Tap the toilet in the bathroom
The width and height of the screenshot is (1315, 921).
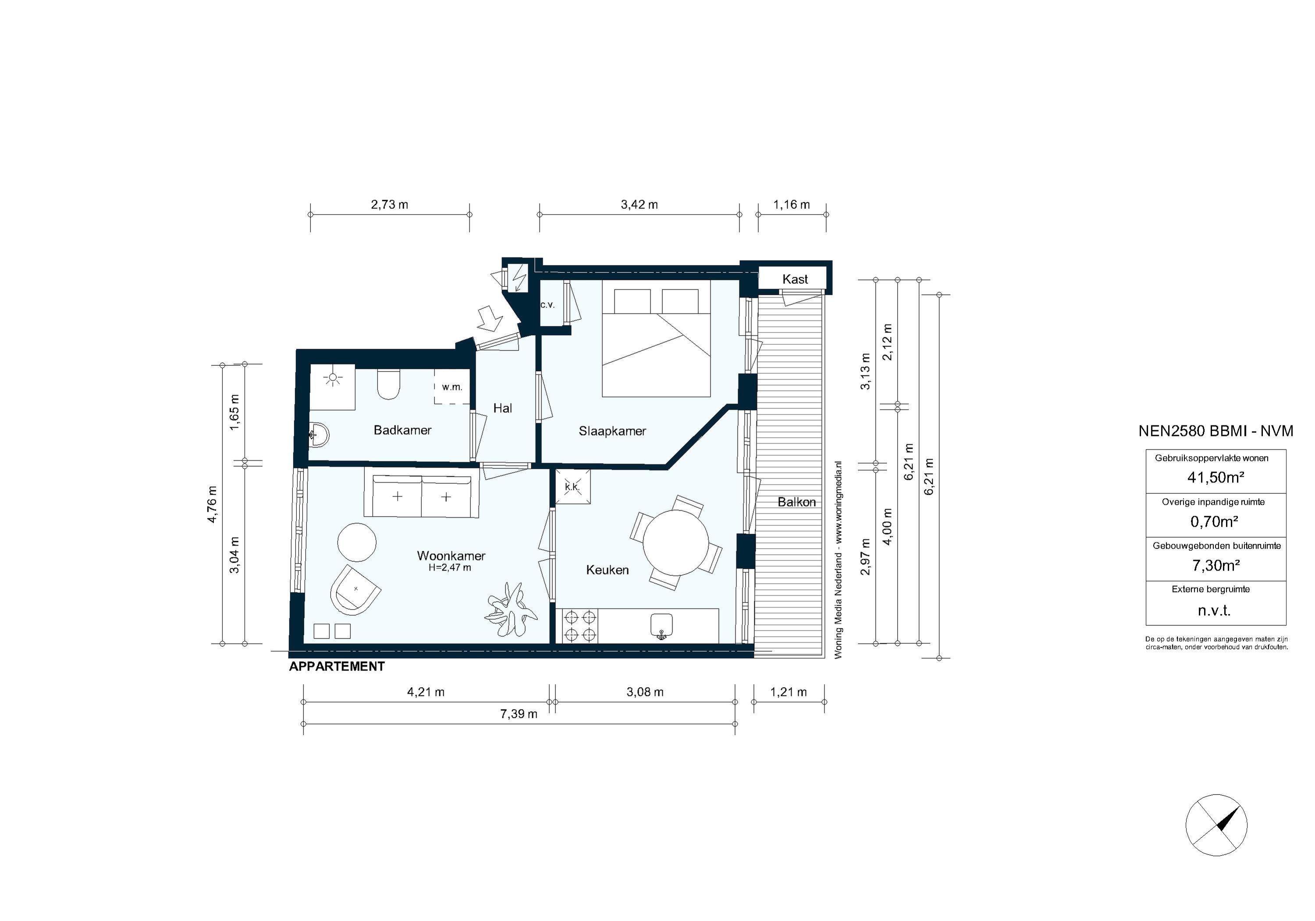388,385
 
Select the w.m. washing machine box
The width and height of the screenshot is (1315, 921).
452,387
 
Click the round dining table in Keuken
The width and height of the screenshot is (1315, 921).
676,542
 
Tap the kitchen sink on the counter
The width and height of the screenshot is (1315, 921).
661,624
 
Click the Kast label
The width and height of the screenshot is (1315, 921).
795,279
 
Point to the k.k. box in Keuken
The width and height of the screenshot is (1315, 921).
572,487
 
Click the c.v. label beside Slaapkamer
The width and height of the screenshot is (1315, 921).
547,305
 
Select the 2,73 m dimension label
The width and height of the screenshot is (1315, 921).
390,205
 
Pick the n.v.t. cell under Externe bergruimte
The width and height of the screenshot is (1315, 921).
1214,611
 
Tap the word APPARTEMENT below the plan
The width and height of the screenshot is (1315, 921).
337,667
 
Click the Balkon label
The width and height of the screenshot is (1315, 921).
796,502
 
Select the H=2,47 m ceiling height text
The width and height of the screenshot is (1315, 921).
450,568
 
